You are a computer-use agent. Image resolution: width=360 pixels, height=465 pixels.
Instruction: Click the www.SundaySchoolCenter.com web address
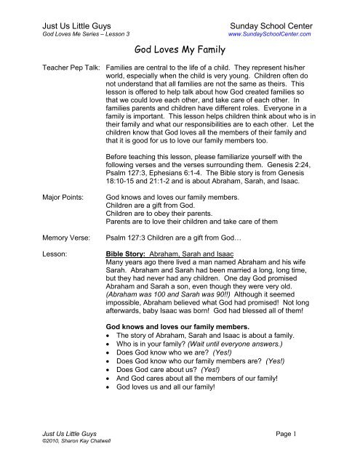(x=270, y=33)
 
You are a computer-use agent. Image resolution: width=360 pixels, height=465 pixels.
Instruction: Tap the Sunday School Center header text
(x=269, y=23)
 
